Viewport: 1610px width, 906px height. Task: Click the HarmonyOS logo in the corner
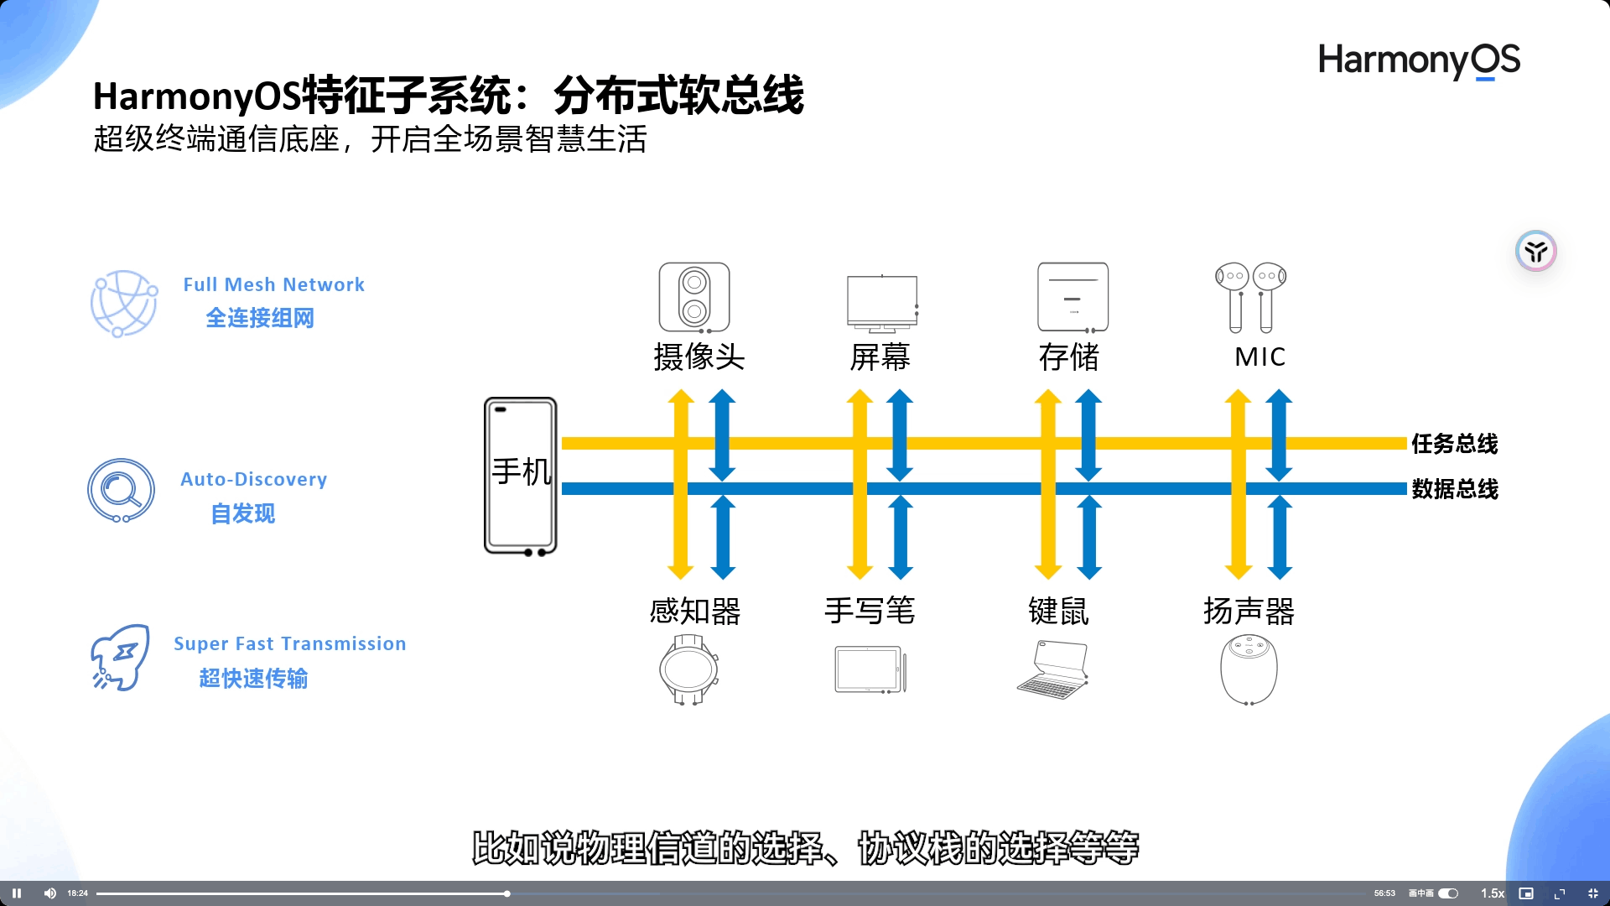(1419, 60)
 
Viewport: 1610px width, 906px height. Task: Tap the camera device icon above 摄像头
(693, 297)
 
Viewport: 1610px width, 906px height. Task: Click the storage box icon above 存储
(1072, 297)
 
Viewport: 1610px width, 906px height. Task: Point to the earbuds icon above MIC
(1250, 297)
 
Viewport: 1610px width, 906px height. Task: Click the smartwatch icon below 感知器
(688, 669)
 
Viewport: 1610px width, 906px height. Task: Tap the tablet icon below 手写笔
(870, 669)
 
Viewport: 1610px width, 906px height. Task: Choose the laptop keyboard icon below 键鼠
(1052, 669)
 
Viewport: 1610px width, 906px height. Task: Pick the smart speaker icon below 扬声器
(1249, 669)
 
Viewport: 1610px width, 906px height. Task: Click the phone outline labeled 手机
(520, 476)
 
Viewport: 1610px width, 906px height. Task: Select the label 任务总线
(1454, 444)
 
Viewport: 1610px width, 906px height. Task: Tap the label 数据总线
(1454, 489)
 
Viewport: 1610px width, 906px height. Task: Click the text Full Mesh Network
(273, 285)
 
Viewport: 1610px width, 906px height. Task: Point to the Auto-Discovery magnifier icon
(122, 490)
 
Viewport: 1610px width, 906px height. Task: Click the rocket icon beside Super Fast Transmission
(120, 658)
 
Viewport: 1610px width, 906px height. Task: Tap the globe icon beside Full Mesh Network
(123, 303)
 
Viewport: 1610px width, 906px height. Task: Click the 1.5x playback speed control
(1492, 893)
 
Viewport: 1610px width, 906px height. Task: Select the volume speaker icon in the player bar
(49, 893)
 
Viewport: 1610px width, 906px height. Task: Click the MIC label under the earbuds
(1259, 357)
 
